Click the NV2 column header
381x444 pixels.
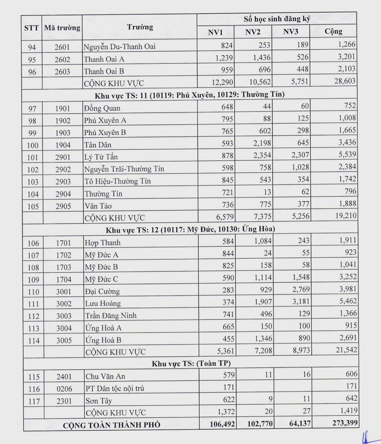point(253,32)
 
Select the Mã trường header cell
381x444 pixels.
point(62,28)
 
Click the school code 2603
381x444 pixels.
point(62,72)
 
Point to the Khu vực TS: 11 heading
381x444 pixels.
point(190,95)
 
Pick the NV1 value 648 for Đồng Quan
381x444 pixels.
point(227,106)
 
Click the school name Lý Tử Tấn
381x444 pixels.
point(101,157)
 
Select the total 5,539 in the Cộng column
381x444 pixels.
point(347,154)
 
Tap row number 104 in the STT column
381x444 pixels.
point(33,194)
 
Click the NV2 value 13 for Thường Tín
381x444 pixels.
point(267,192)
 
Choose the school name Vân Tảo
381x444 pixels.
point(98,206)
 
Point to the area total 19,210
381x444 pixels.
point(346,216)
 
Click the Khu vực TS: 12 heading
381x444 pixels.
point(190,230)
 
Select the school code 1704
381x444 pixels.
point(64,280)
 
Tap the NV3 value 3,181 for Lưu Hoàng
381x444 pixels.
point(301,302)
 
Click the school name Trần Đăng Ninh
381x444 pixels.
point(111,316)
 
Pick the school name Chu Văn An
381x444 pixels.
point(105,376)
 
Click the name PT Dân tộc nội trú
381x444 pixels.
point(115,388)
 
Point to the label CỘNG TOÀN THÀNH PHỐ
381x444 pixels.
point(111,425)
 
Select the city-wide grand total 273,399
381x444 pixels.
point(345,423)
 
